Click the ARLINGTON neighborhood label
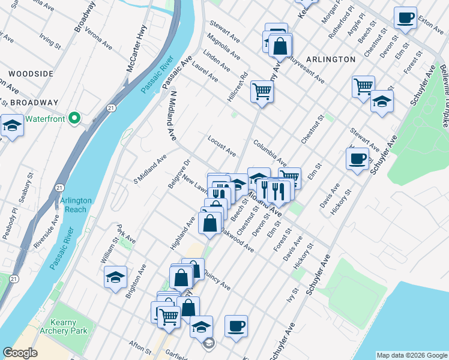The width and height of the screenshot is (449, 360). [330, 59]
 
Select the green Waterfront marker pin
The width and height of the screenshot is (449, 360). [75, 118]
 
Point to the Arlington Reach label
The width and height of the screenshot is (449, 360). [75, 205]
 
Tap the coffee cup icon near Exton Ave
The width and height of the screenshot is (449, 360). [406, 17]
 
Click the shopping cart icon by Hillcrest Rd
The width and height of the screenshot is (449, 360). [262, 92]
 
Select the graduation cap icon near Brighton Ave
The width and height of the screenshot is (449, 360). [115, 277]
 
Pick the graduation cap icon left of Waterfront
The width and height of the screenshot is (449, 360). [11, 125]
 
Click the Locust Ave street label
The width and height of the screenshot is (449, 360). [221, 146]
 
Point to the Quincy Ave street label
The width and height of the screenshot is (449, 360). [217, 279]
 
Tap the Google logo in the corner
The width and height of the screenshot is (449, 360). [20, 353]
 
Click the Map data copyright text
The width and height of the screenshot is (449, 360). [412, 355]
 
